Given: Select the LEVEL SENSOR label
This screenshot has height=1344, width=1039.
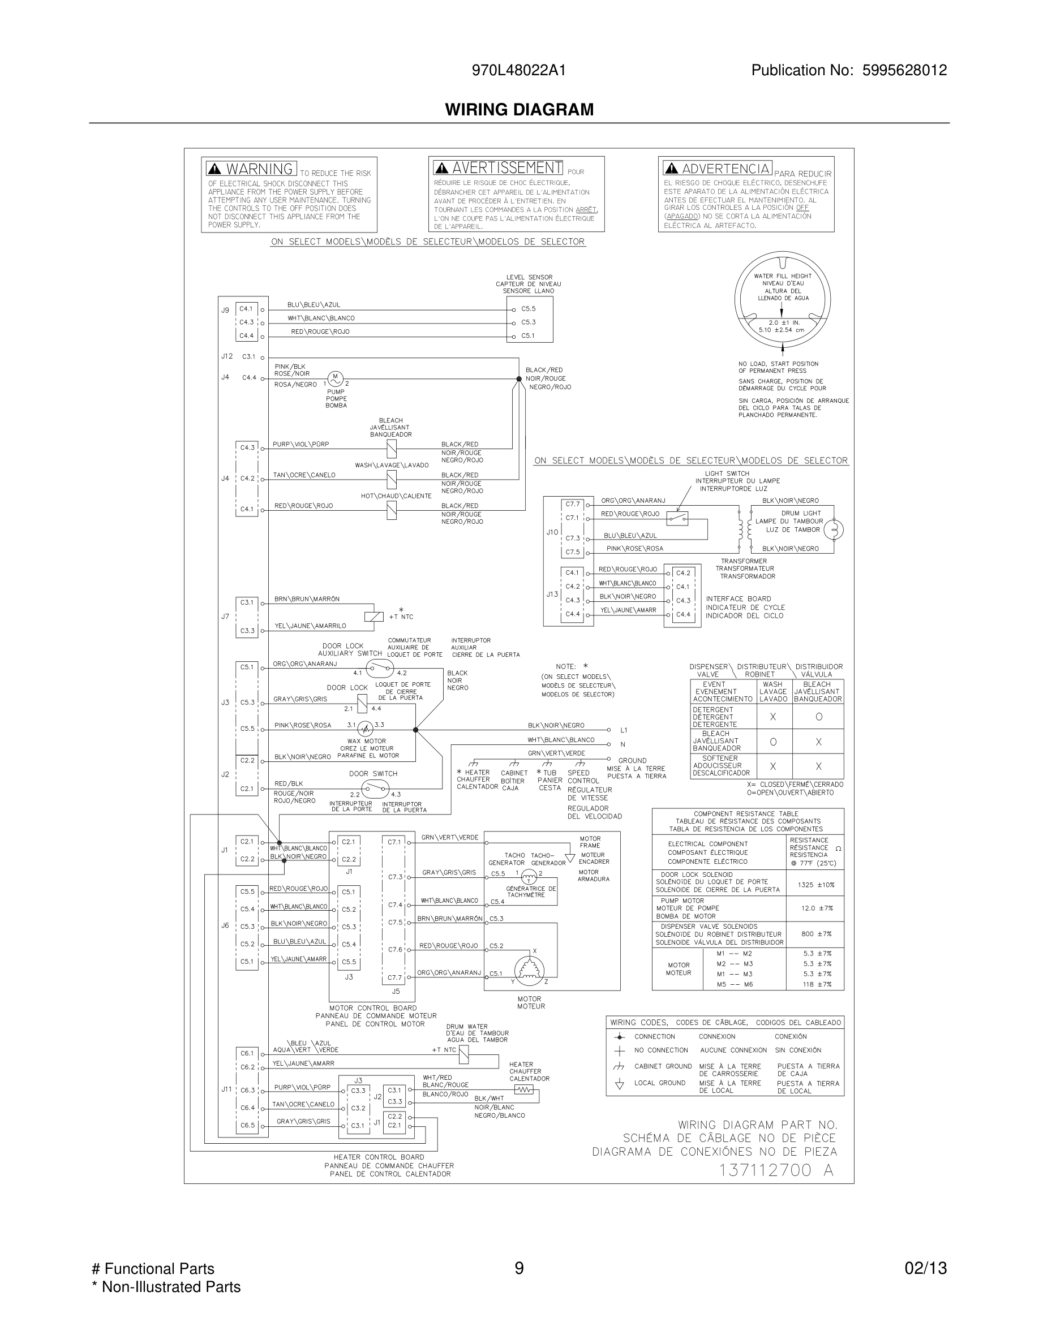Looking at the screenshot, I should pyautogui.click(x=529, y=278).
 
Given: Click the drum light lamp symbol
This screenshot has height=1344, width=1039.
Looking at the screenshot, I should pyautogui.click(x=834, y=529).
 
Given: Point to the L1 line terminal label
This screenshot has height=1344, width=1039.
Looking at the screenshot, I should pyautogui.click(x=624, y=730).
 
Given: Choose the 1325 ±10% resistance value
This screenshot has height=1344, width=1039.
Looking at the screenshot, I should pyautogui.click(x=815, y=885).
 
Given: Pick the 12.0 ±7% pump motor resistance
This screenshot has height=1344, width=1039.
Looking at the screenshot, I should pyautogui.click(x=816, y=908).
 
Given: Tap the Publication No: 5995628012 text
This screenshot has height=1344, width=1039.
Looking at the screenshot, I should pyautogui.click(x=849, y=70).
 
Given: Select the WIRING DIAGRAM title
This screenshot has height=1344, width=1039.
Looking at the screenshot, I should pyautogui.click(x=519, y=110).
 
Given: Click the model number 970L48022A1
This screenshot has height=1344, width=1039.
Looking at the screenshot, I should pyautogui.click(x=518, y=70).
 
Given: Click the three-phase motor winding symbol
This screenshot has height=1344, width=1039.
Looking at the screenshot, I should pyautogui.click(x=529, y=968).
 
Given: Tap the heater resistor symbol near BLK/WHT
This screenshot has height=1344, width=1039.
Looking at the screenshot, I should pyautogui.click(x=523, y=1090).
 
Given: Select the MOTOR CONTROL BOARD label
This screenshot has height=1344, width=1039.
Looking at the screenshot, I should pyautogui.click(x=373, y=1008).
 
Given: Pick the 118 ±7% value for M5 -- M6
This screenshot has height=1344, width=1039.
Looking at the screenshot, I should pyautogui.click(x=817, y=984).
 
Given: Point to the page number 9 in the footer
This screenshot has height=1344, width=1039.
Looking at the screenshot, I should pyautogui.click(x=519, y=1268).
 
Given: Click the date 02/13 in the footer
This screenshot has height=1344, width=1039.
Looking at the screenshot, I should pyautogui.click(x=925, y=1268).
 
